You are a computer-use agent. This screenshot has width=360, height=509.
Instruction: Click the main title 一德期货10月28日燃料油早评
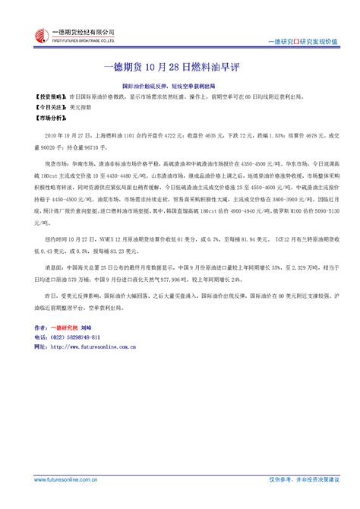click(179, 66)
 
